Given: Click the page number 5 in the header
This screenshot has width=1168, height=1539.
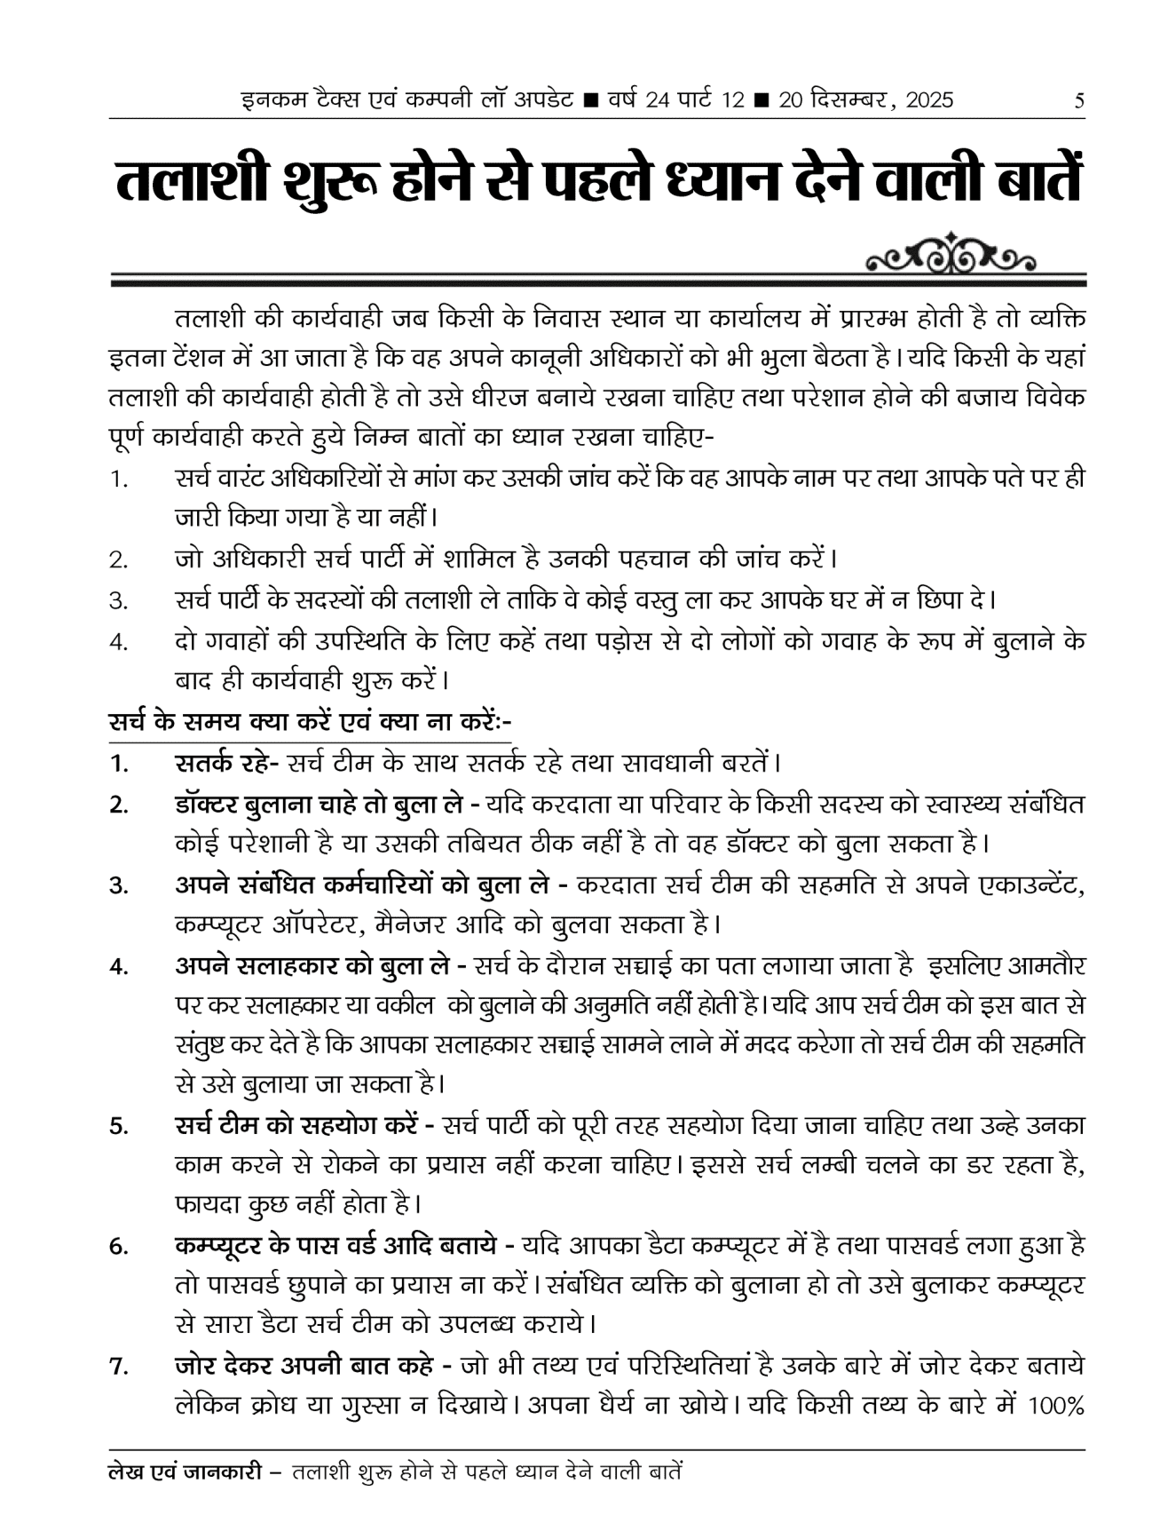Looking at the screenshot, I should pyautogui.click(x=1079, y=100).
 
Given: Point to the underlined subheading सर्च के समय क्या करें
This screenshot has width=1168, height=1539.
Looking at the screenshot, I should pyautogui.click(x=307, y=723).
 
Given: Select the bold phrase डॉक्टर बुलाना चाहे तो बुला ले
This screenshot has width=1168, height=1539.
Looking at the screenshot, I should pyautogui.click(x=320, y=805).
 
